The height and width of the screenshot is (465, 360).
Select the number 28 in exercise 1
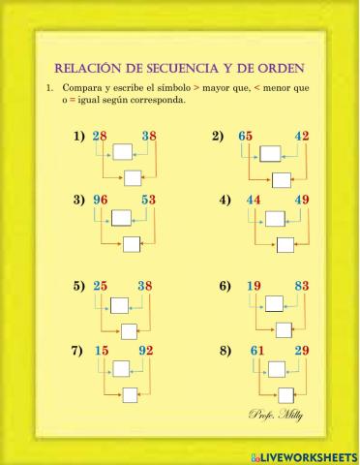coord(100,137)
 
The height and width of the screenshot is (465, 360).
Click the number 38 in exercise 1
coord(148,137)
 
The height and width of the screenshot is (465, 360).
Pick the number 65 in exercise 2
coord(246,137)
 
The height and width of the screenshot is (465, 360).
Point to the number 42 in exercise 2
coord(301,137)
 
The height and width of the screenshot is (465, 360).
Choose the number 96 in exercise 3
coord(100,201)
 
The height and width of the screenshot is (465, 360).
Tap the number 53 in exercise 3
coord(148,201)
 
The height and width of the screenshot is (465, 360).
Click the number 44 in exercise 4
coord(254,201)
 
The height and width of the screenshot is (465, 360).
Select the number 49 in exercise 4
coord(302,201)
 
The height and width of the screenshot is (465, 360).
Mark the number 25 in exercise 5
coord(100,286)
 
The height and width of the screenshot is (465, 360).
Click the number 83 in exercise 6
coord(301,286)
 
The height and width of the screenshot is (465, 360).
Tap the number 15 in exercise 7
coord(101,350)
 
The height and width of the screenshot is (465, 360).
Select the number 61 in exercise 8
coord(256,350)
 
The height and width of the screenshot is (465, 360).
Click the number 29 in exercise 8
coord(302,350)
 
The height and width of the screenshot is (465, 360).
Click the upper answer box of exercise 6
coord(277,305)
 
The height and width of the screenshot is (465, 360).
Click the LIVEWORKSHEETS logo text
coord(309,455)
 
